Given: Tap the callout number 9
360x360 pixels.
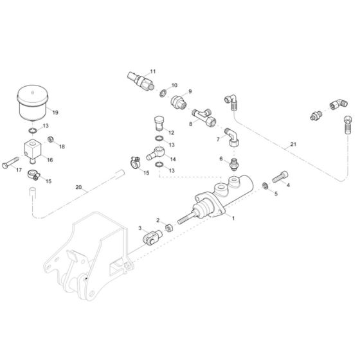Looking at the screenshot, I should click(190, 91).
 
